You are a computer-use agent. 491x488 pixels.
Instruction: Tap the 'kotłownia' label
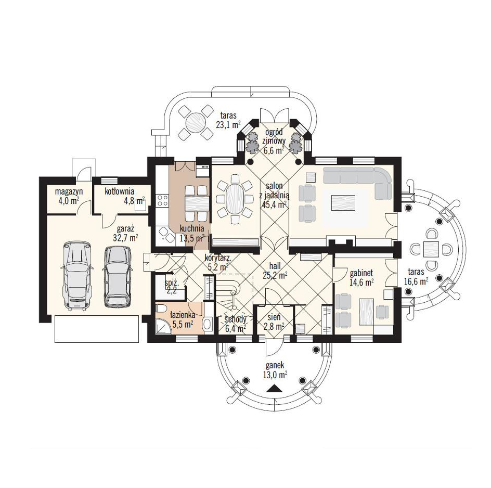coord(119,191)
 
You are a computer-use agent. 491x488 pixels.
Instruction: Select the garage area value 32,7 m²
coord(125,238)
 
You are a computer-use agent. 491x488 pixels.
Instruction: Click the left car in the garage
coord(77,276)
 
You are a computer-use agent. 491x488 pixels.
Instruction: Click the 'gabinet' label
coord(361,273)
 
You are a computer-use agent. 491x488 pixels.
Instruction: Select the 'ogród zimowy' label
coord(274,136)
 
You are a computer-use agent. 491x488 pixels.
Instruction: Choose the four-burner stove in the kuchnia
coord(162,200)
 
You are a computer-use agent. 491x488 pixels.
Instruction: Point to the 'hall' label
coord(275,266)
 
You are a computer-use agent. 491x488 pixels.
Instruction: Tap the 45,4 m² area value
coord(274,204)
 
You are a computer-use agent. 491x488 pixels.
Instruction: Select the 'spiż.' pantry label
coord(172,283)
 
